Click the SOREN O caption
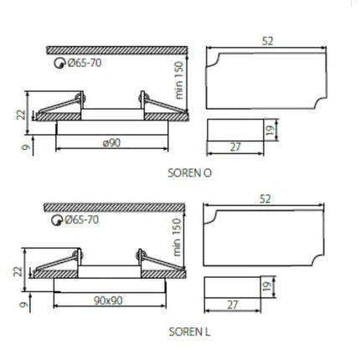(x=190, y=173)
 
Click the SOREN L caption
(x=189, y=332)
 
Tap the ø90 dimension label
(x=111, y=143)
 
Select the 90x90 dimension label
(x=108, y=301)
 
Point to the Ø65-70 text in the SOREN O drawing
(x=85, y=63)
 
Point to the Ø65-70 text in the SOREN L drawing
(x=82, y=220)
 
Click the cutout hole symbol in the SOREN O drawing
(x=59, y=64)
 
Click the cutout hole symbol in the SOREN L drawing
(x=56, y=220)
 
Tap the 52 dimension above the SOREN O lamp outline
(x=267, y=41)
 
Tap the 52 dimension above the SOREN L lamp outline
(x=265, y=199)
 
